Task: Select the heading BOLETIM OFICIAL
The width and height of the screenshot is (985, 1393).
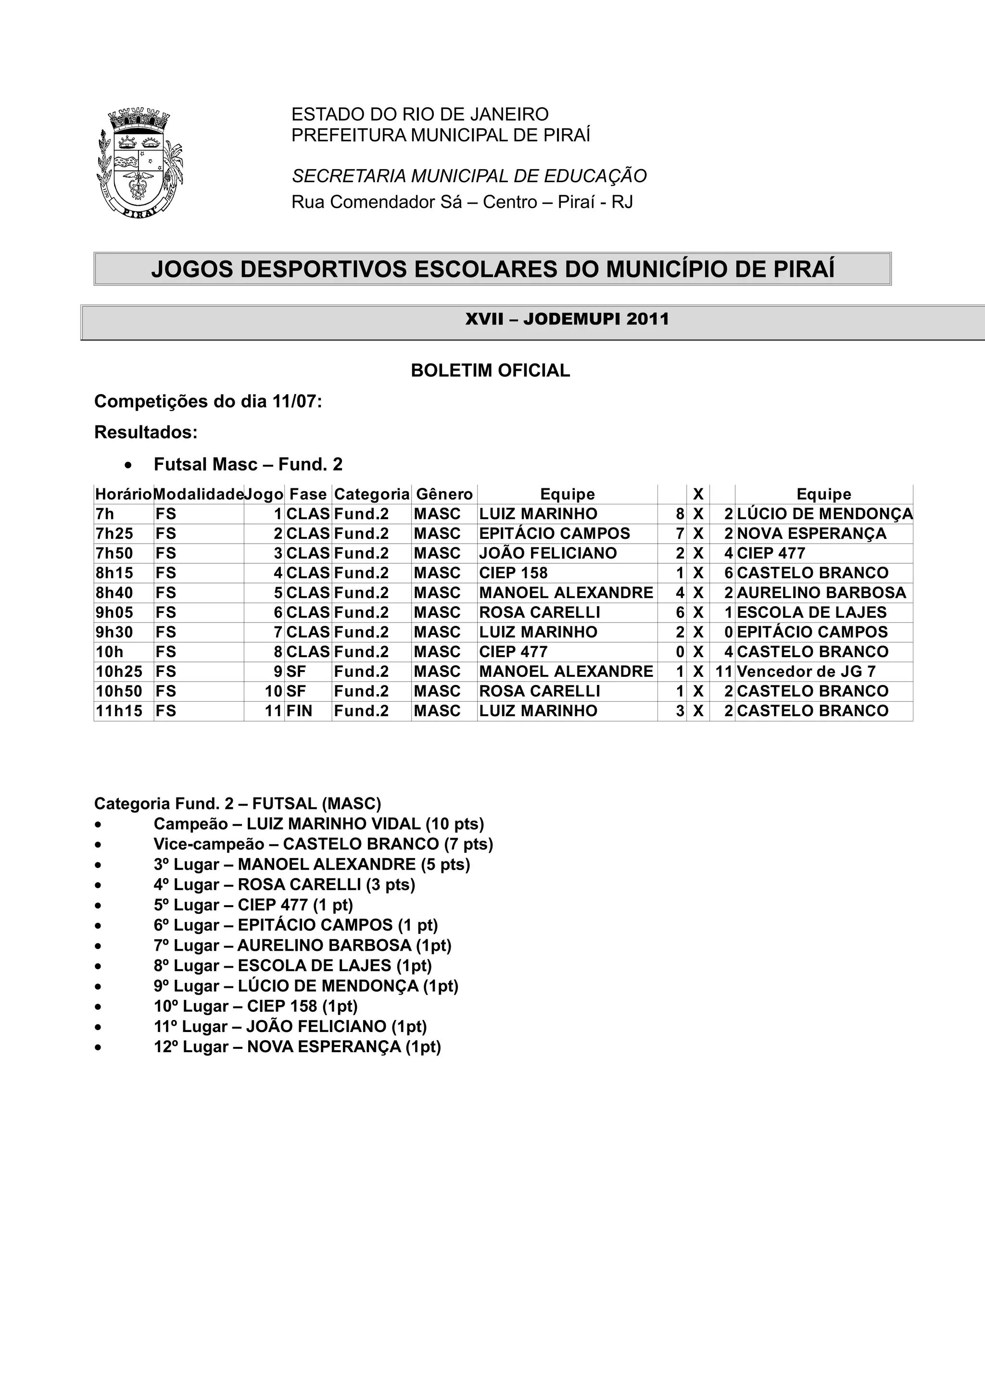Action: click(x=491, y=371)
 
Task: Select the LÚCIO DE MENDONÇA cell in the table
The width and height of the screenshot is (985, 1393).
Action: click(x=824, y=514)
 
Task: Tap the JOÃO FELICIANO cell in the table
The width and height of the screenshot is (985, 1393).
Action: click(x=547, y=553)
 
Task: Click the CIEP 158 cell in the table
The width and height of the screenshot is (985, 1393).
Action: click(x=514, y=573)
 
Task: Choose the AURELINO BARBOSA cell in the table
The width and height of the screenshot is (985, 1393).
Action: click(x=821, y=593)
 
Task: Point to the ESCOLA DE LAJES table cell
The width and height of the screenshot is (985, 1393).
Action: click(x=811, y=613)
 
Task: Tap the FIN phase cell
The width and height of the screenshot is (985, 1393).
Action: click(x=299, y=711)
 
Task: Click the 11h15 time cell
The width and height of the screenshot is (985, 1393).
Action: click(x=119, y=711)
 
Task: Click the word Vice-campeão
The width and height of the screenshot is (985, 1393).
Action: click(x=209, y=845)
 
